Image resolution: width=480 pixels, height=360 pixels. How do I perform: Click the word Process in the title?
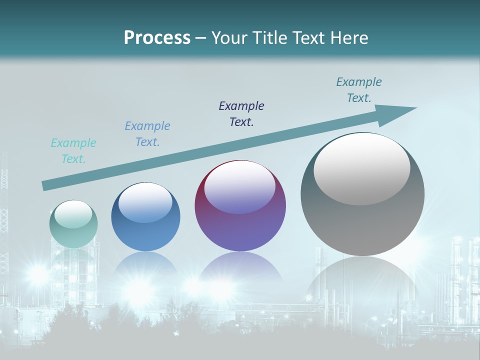[x=157, y=38]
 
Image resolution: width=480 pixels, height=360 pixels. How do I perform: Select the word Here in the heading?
[x=350, y=38]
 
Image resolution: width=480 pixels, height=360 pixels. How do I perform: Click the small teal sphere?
[x=73, y=224]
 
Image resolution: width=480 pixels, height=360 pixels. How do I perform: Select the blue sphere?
[x=145, y=217]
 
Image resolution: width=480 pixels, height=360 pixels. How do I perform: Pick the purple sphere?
[x=240, y=206]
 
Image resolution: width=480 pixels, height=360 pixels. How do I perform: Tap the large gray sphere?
[x=362, y=194]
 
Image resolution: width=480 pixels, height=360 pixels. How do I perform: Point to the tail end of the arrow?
[x=45, y=185]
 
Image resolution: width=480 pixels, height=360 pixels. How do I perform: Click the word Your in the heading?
[x=229, y=38]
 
